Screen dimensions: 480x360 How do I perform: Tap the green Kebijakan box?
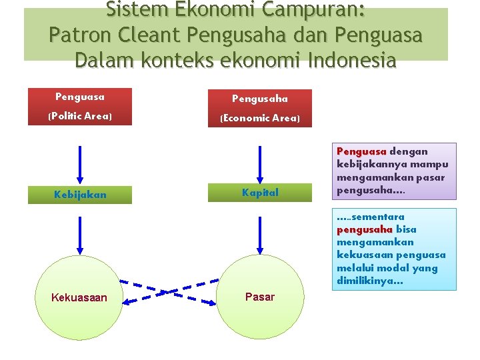click(x=80, y=195)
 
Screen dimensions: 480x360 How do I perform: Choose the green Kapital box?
click(x=260, y=193)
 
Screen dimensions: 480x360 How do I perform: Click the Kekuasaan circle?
click(x=79, y=297)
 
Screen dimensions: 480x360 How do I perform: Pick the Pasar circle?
click(x=260, y=297)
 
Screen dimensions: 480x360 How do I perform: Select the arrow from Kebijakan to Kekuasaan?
click(x=80, y=233)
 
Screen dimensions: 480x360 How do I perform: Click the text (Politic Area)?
click(x=80, y=116)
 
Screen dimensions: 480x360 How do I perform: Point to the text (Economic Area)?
click(x=260, y=118)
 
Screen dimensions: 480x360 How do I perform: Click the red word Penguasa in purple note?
click(x=361, y=151)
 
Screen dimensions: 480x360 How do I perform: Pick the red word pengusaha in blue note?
click(x=365, y=229)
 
